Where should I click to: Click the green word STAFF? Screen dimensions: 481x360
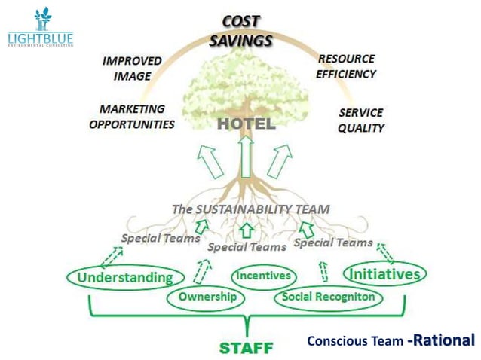pos(247,348)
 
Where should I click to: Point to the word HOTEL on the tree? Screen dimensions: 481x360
pos(246,124)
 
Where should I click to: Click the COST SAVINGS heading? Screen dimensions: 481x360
pos(241,31)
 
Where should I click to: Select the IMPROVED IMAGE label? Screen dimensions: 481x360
pos(132,69)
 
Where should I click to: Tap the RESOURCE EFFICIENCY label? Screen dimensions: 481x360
pos(346,66)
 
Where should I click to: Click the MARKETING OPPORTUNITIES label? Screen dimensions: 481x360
pos(132,117)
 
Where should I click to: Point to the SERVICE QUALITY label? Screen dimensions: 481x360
pos(361,120)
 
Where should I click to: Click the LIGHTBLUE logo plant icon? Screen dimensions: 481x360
pos(43,18)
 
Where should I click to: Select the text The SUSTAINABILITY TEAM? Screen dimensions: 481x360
pos(251,209)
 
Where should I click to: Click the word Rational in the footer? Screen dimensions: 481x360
pos(444,340)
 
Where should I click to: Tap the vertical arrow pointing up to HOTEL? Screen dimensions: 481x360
pos(247,157)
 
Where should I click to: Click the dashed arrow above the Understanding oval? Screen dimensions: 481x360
pos(112,257)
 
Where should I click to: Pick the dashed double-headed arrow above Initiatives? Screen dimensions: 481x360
pos(386,253)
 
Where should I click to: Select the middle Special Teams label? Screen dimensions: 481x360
pos(247,247)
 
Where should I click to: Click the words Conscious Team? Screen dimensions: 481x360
pos(355,341)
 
